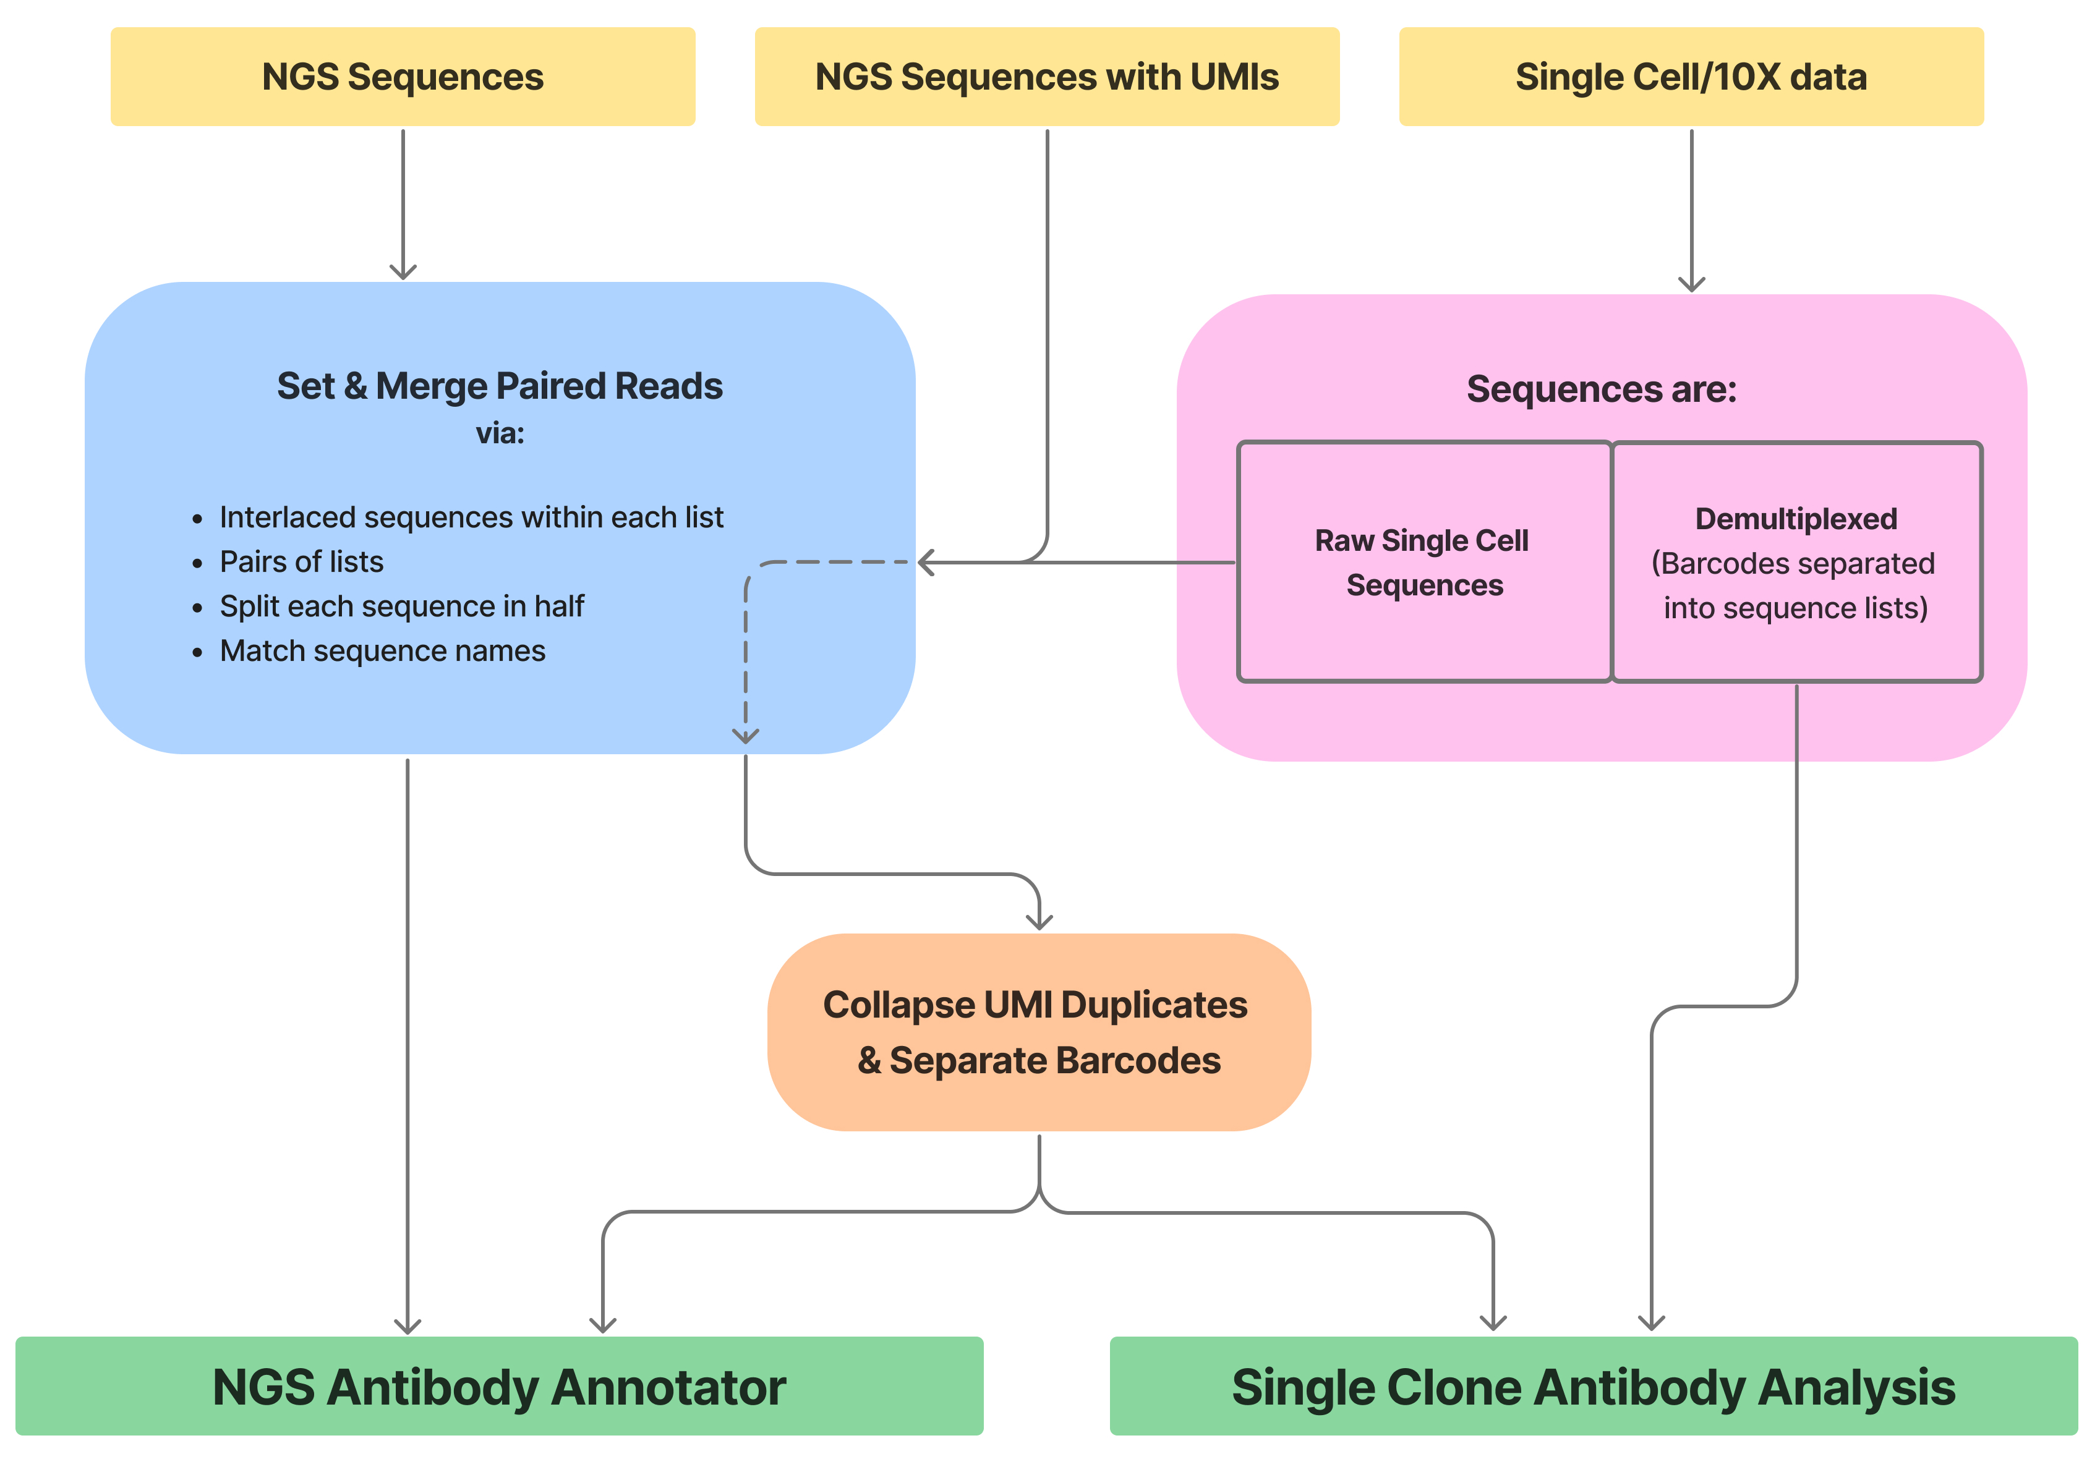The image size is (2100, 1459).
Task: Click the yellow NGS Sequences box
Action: click(403, 77)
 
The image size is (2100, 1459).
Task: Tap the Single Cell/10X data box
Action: click(1691, 77)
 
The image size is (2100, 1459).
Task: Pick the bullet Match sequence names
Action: click(382, 651)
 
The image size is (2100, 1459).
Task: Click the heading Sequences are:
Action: click(1601, 389)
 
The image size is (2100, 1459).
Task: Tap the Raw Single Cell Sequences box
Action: click(1422, 562)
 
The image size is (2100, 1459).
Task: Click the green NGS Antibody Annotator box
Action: click(499, 1386)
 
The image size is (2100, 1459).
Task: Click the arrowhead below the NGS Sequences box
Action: click(403, 273)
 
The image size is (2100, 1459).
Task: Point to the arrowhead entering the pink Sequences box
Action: click(1691, 284)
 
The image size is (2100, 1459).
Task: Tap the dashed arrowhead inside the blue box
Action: click(745, 736)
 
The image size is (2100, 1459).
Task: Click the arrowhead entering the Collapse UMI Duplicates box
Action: click(1039, 922)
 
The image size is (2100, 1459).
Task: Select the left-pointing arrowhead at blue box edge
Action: click(925, 562)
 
